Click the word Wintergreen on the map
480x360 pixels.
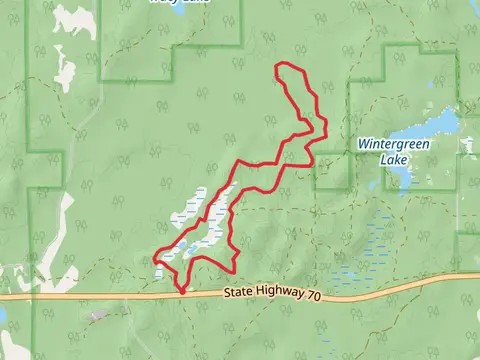click(x=395, y=143)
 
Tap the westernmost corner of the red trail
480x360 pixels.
click(x=155, y=258)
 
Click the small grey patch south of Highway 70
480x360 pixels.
click(x=97, y=316)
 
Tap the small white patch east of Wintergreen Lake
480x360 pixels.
click(x=469, y=146)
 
